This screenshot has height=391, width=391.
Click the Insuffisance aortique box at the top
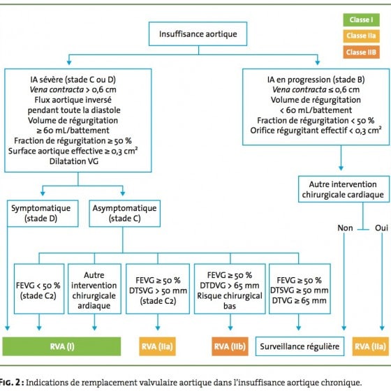(x=198, y=34)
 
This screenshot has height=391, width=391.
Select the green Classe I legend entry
(x=361, y=20)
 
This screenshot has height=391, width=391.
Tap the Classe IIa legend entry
(x=361, y=36)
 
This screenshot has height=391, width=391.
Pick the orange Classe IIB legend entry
(x=361, y=52)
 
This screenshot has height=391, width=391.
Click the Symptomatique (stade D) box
(x=43, y=214)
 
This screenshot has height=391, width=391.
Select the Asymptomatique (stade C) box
(x=124, y=214)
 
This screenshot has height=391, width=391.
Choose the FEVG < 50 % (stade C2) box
(x=39, y=289)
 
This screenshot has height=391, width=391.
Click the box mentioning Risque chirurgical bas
(x=230, y=289)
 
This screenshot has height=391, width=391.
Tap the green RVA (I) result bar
(x=61, y=346)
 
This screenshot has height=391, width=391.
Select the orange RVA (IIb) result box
(x=230, y=346)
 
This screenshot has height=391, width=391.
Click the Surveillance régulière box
(x=300, y=346)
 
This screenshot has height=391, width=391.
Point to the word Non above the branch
(x=345, y=228)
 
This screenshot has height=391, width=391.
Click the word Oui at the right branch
(x=381, y=228)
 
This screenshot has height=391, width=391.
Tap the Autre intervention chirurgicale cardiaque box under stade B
(x=344, y=189)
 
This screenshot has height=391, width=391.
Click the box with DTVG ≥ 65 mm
(x=300, y=289)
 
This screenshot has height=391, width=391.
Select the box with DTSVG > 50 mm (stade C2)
(x=158, y=289)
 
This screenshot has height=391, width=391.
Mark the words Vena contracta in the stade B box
(x=300, y=89)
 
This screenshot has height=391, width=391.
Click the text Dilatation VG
(x=74, y=161)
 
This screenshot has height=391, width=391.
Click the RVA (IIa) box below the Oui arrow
(x=371, y=346)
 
